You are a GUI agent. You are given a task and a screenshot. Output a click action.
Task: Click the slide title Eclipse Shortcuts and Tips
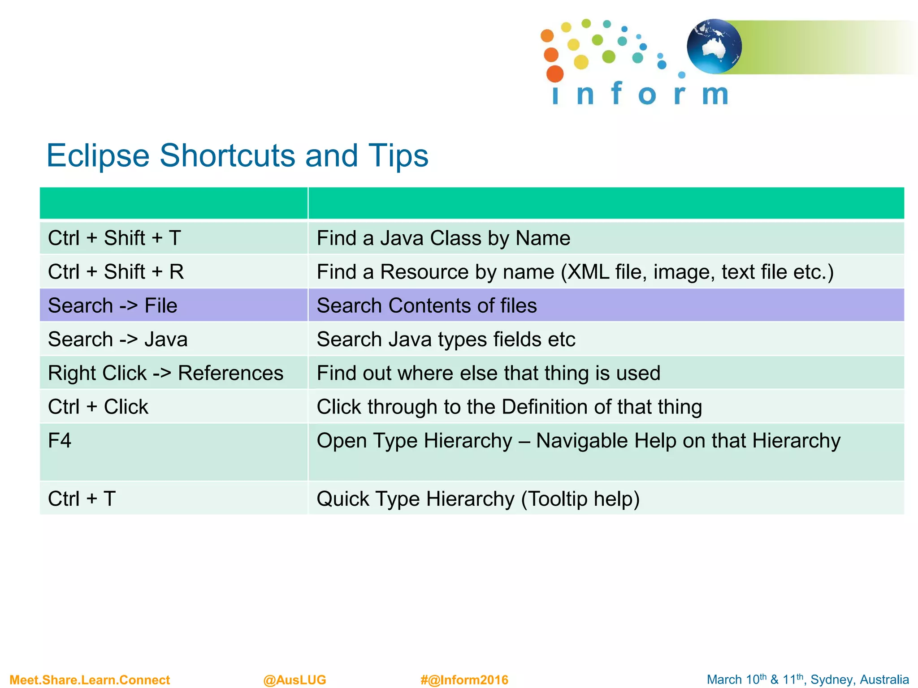[x=237, y=156]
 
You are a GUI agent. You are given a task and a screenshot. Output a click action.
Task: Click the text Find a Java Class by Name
[x=443, y=238]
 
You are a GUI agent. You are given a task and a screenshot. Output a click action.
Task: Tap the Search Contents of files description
[x=426, y=305]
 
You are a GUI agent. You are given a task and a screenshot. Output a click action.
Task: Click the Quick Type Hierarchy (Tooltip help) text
[x=478, y=499]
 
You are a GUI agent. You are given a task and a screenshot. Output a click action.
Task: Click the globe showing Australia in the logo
[x=714, y=47]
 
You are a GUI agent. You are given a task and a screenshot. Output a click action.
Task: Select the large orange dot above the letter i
[x=555, y=74]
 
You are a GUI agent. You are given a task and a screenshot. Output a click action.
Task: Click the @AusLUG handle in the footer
[x=294, y=680]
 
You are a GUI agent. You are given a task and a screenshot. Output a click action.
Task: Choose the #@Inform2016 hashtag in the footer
[x=464, y=680]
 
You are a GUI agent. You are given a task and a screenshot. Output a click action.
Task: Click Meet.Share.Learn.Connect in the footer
[x=90, y=680]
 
